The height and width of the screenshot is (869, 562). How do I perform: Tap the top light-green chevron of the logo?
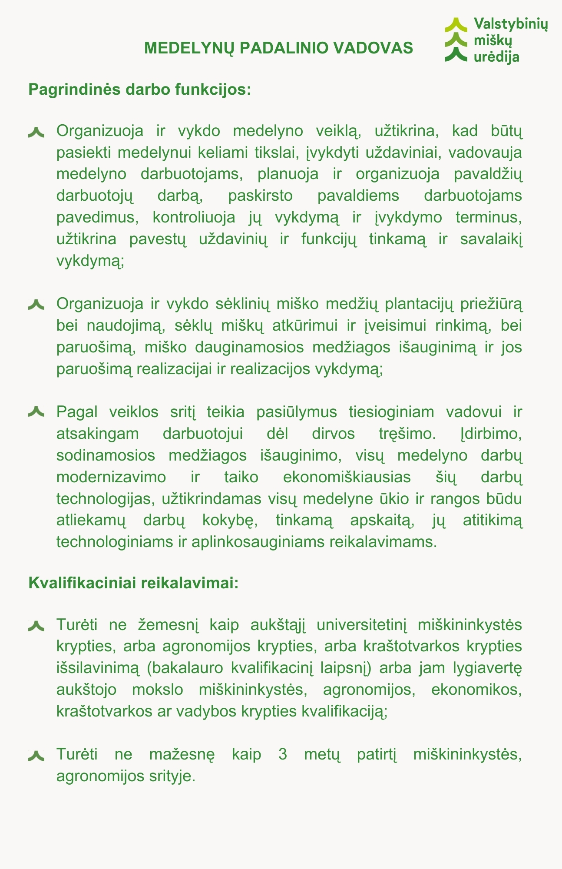coord(456,24)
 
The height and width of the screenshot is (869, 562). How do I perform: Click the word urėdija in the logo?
coord(496,56)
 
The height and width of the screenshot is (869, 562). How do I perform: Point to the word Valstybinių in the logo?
coord(510,24)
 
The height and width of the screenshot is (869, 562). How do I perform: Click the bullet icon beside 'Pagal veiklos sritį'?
coord(36,411)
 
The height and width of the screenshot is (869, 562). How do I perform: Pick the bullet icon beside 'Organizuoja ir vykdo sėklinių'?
coord(36,304)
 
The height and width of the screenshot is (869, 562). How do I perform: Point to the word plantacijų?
coord(419,304)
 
